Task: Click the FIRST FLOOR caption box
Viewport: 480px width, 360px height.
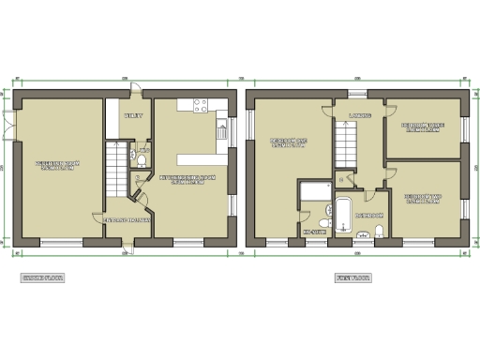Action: pos(352,278)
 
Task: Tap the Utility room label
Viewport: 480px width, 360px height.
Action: pos(134,115)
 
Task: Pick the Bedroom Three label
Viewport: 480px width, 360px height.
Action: pos(424,127)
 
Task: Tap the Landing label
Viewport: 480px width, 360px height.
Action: pos(359,115)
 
